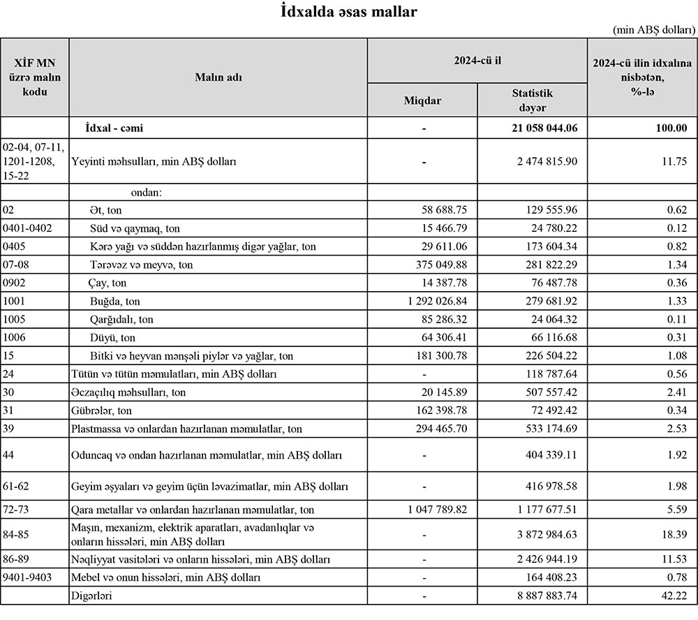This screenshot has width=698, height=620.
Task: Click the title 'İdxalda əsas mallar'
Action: [349, 12]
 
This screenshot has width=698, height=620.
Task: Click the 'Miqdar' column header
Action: [423, 100]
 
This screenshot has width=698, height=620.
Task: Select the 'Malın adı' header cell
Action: [218, 77]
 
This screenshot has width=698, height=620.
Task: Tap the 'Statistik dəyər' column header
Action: [532, 100]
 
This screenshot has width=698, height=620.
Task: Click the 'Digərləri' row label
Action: [92, 596]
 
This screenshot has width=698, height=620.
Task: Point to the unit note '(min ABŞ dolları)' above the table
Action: [654, 30]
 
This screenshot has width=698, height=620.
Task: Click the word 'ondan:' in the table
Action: [146, 192]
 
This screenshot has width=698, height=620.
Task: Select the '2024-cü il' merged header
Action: [477, 61]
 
